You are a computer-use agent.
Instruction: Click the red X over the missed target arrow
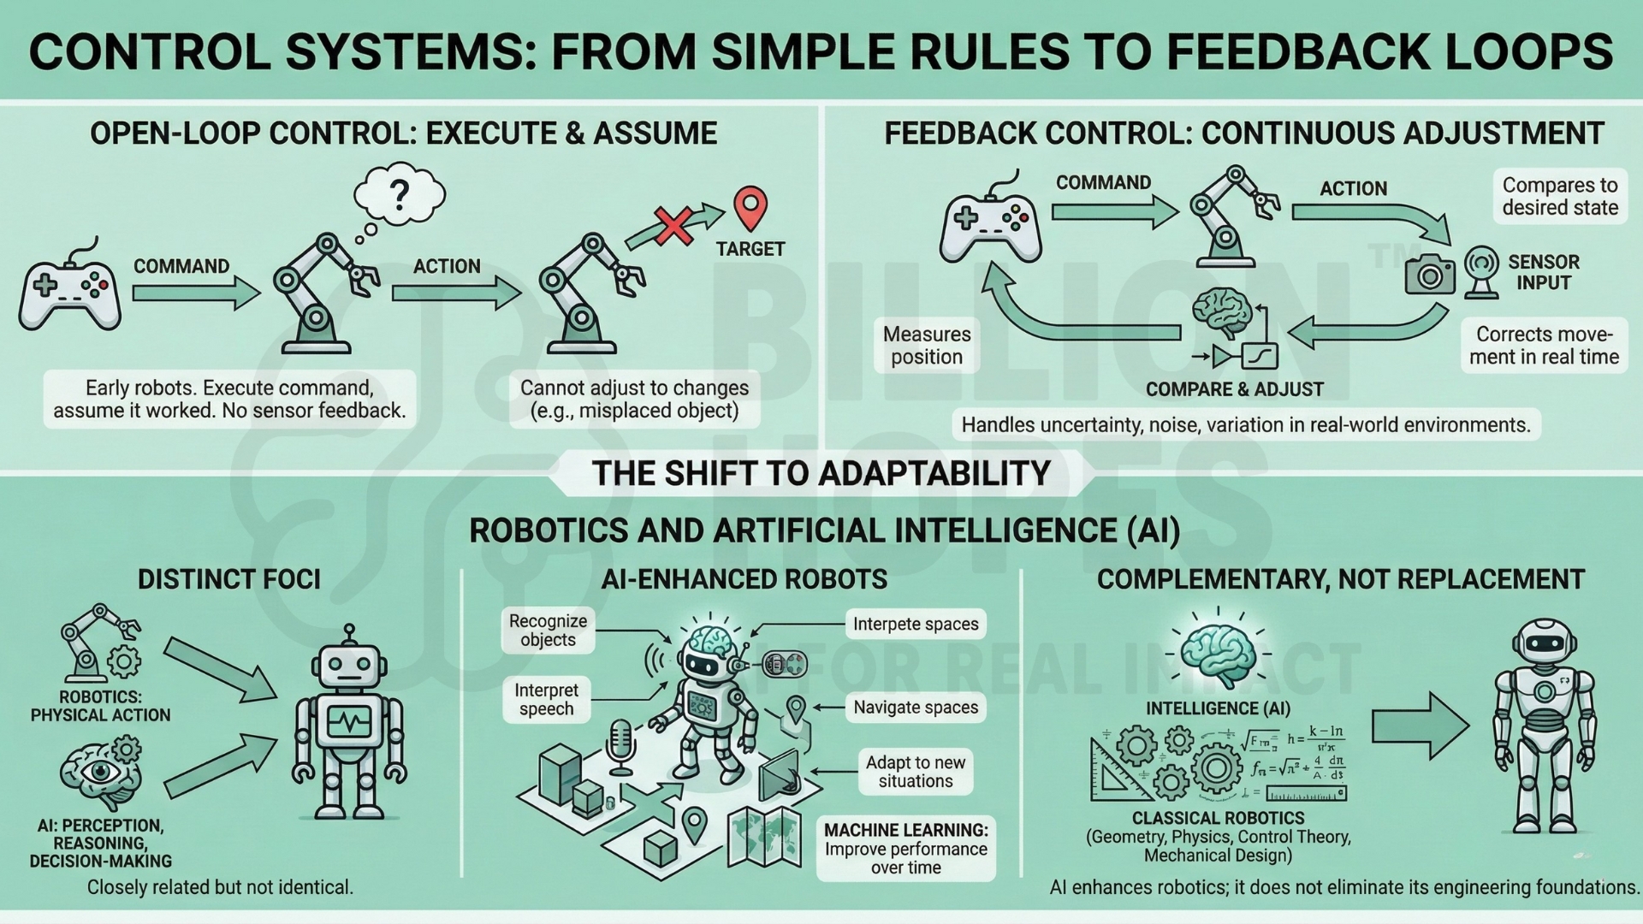click(673, 226)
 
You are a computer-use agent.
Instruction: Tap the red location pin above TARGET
click(750, 208)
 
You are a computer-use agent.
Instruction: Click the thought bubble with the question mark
click(400, 192)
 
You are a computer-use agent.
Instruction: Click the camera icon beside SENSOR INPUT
click(1430, 274)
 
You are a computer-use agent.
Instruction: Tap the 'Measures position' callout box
click(927, 346)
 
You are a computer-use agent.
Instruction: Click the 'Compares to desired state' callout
click(1559, 197)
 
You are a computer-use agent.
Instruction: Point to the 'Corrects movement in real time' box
click(1544, 346)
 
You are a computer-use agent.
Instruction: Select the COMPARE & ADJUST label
click(1234, 390)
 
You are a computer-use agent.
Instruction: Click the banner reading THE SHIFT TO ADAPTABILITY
click(821, 473)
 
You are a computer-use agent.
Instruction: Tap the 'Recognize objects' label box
click(548, 631)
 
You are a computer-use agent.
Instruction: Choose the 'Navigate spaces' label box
click(915, 708)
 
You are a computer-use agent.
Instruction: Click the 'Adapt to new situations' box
click(915, 772)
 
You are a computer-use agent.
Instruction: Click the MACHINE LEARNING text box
click(905, 849)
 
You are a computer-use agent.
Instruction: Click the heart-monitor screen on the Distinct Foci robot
click(348, 721)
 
